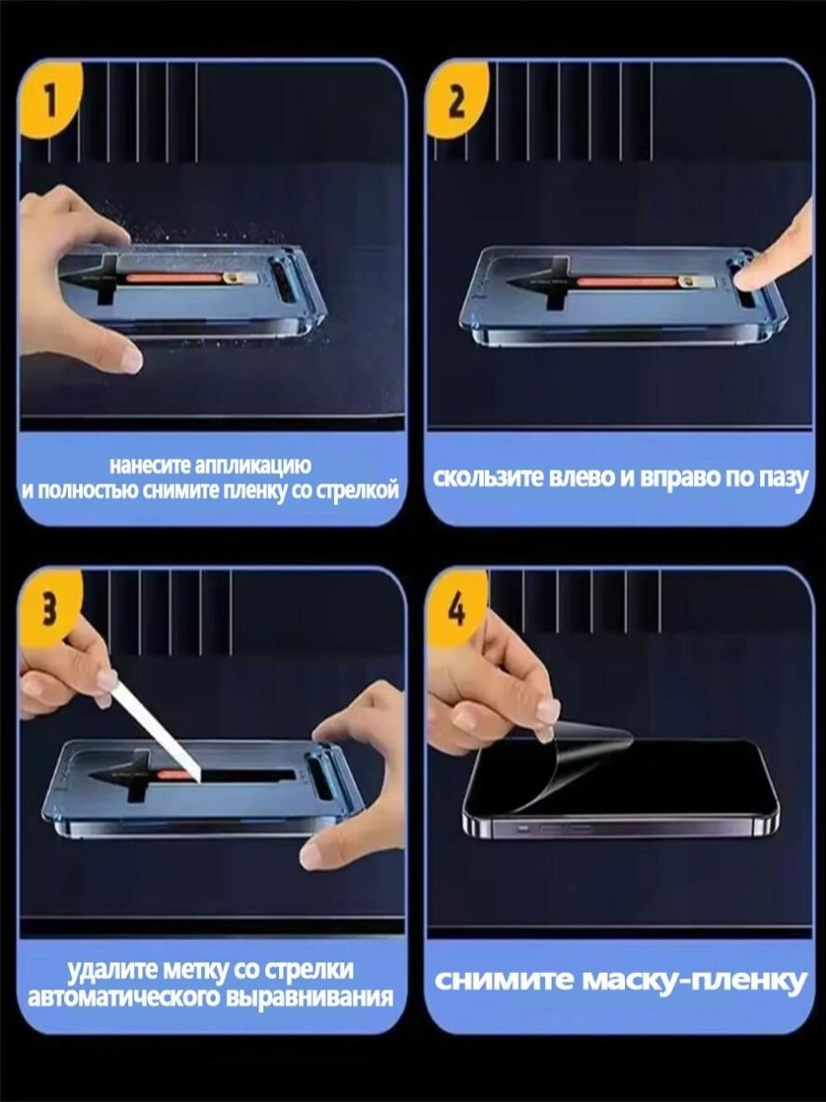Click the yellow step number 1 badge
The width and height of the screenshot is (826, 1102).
coord(49,100)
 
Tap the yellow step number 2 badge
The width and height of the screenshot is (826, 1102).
coord(456,100)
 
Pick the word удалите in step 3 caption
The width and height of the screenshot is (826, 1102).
coord(112,971)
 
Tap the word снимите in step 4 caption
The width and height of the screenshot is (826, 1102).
coord(503,981)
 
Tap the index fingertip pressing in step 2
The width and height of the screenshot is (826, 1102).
coord(747,276)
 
